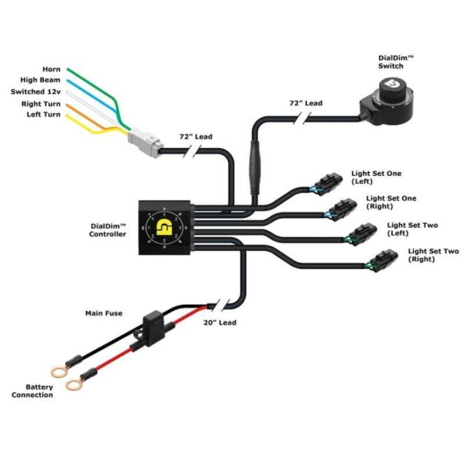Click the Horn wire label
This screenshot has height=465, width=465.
pyautogui.click(x=50, y=69)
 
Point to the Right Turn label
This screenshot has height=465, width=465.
pyautogui.click(x=42, y=103)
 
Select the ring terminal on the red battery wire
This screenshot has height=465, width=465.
pyautogui.click(x=74, y=383)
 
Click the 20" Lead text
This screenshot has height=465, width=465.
pyautogui.click(x=221, y=322)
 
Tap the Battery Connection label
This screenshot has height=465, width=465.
pyautogui.click(x=33, y=391)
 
